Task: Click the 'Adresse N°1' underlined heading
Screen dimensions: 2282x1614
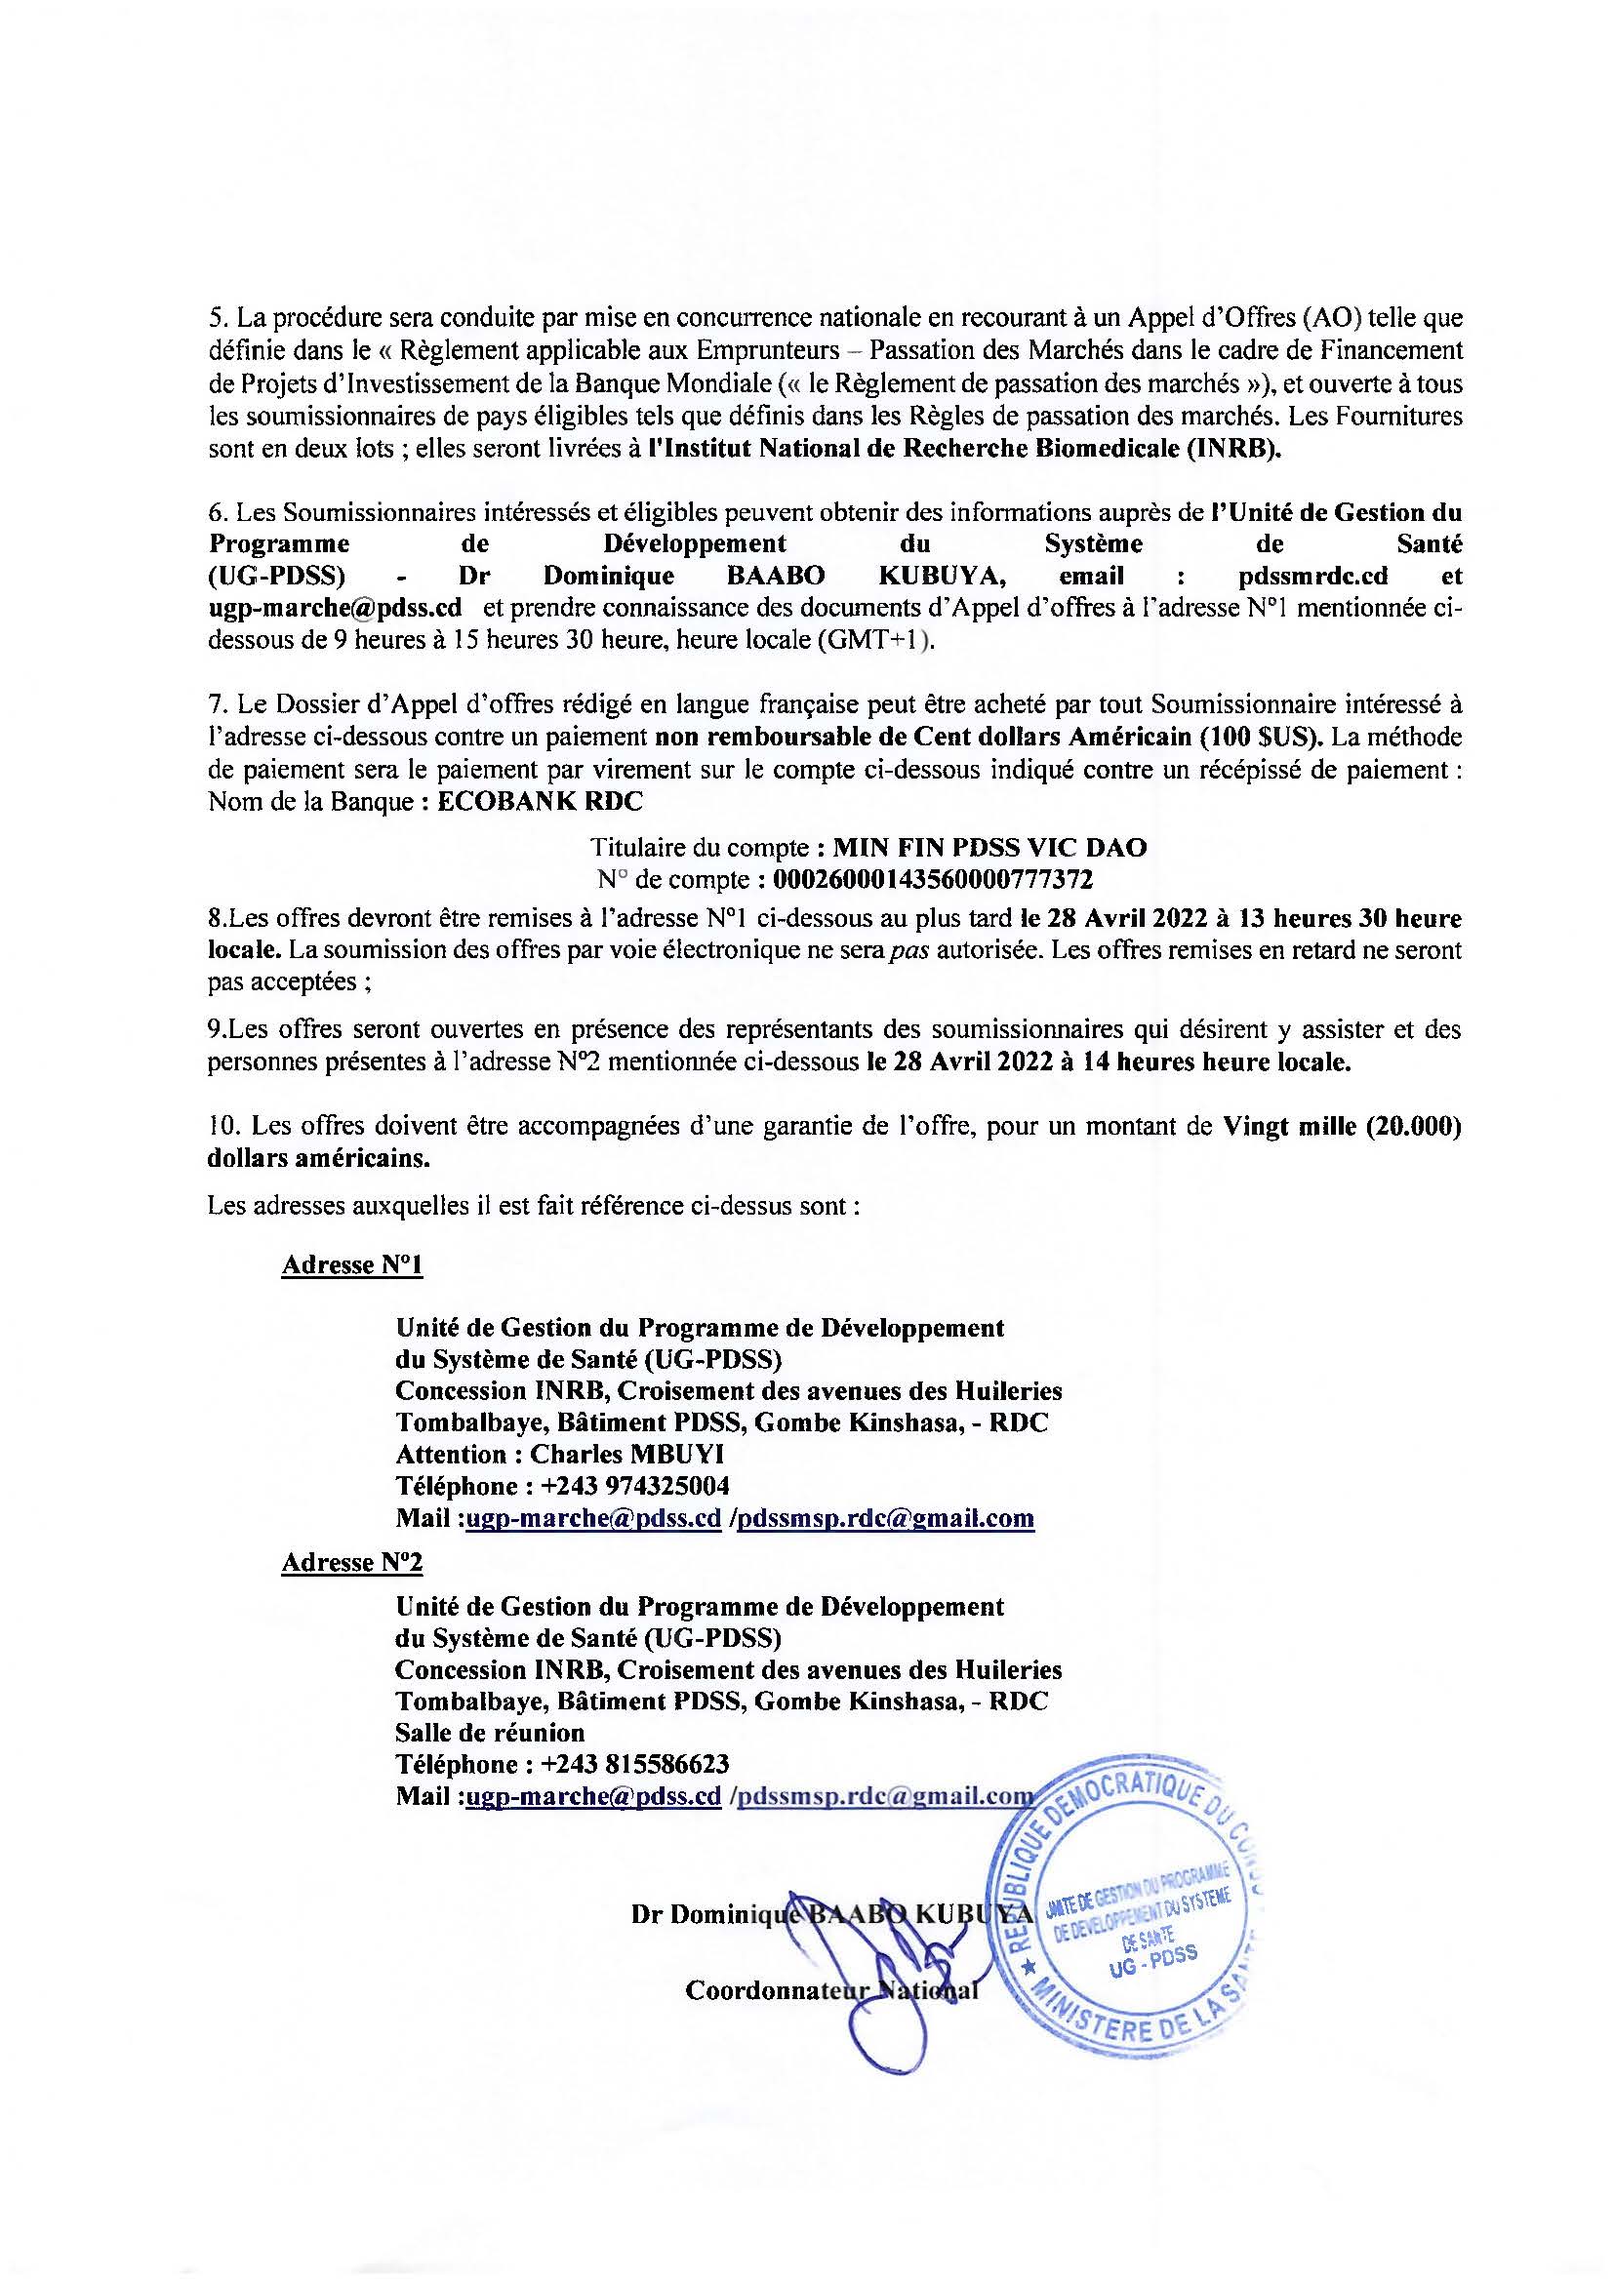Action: tap(353, 1265)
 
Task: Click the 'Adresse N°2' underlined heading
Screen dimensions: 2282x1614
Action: tap(353, 1563)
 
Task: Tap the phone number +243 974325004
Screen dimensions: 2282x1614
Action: tap(635, 1486)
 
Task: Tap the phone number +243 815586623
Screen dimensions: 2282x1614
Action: tap(635, 1764)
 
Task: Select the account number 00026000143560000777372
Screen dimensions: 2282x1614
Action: tap(933, 880)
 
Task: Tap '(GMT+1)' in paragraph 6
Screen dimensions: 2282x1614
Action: tap(874, 641)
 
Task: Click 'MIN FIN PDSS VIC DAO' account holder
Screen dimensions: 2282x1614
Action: tap(989, 848)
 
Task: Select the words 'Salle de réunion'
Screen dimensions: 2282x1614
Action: tap(490, 1733)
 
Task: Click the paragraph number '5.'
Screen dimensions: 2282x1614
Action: tap(218, 320)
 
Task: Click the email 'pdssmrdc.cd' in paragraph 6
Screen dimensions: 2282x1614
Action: tap(1313, 577)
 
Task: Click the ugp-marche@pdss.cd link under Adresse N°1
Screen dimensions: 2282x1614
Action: tap(593, 1518)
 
